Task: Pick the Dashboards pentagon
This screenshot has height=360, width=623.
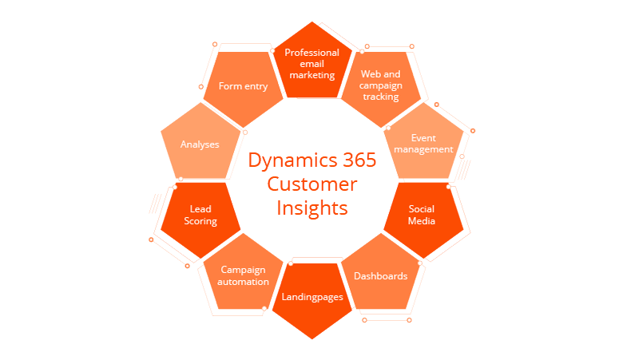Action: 380,278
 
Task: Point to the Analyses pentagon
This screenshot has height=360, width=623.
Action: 200,144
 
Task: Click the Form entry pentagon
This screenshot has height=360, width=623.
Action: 244,87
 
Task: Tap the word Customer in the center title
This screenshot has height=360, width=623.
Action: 311,184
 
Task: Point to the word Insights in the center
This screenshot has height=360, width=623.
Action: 312,208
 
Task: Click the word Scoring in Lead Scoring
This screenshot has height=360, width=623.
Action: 200,222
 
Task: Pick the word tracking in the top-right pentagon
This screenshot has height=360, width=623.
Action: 379,97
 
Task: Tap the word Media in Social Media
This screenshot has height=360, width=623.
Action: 422,221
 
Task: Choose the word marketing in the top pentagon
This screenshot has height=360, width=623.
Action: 312,75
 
